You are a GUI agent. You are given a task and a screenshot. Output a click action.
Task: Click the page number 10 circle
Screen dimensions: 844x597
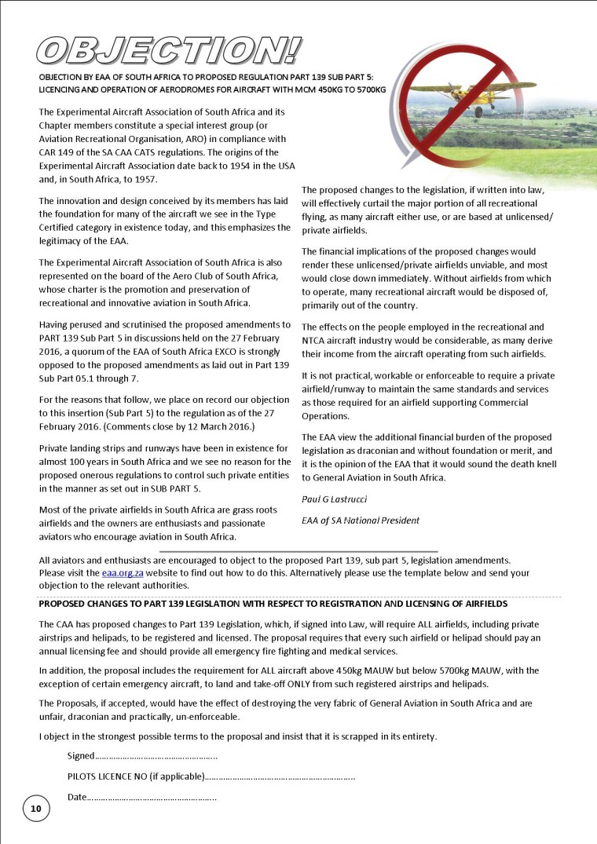click(x=36, y=808)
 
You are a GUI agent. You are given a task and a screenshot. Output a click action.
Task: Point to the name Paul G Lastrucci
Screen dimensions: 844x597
click(x=335, y=499)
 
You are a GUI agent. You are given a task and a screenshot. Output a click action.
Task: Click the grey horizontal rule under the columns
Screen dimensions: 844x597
click(x=298, y=552)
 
